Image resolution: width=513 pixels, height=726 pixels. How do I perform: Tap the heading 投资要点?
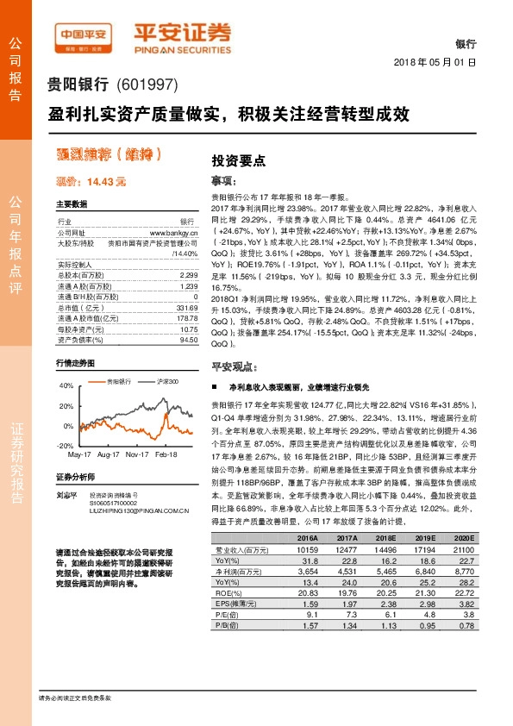click(x=239, y=160)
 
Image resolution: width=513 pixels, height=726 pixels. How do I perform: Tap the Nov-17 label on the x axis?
click(x=137, y=454)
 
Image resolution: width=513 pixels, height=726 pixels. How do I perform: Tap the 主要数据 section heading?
click(x=72, y=204)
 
